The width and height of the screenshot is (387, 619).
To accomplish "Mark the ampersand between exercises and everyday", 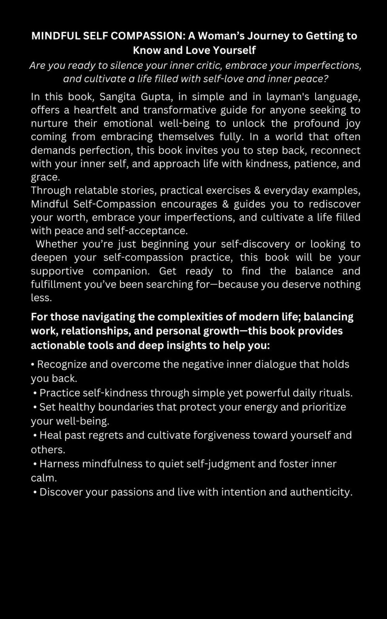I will (x=257, y=190).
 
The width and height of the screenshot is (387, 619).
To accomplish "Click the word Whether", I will (x=57, y=244).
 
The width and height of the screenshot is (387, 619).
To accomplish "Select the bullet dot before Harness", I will (x=35, y=464).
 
